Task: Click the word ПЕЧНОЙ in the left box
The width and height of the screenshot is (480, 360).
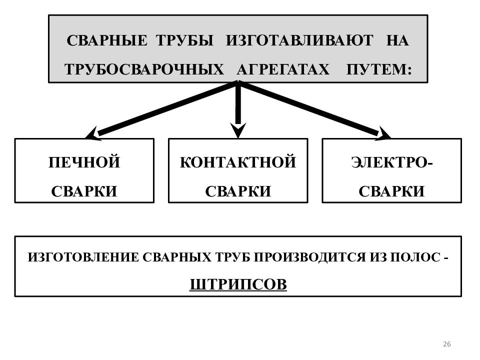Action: [x=84, y=162]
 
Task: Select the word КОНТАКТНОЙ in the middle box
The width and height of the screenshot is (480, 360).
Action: [x=238, y=162]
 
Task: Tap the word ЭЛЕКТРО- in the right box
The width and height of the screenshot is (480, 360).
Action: [x=392, y=162]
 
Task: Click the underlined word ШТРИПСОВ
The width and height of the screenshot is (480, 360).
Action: [x=238, y=284]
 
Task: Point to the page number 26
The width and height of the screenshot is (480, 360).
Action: [x=447, y=344]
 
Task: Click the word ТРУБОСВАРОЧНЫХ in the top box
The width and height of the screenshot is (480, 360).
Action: [x=144, y=69]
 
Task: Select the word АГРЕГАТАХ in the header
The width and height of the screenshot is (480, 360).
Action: [x=283, y=69]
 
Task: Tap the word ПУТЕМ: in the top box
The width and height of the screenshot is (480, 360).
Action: [x=379, y=69]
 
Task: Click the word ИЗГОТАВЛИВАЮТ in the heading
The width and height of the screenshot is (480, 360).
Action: [x=299, y=40]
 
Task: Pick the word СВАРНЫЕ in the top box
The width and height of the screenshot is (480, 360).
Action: [x=107, y=40]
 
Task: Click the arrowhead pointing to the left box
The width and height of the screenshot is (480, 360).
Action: [x=93, y=134]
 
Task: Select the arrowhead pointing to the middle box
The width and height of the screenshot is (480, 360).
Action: [x=238, y=130]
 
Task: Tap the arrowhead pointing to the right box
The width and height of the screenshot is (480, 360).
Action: [x=383, y=134]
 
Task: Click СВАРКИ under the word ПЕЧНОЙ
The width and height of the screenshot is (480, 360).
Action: [x=84, y=191]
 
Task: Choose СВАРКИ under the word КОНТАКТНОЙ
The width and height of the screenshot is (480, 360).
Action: [x=238, y=191]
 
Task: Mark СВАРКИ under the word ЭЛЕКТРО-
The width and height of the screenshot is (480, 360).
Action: [x=391, y=191]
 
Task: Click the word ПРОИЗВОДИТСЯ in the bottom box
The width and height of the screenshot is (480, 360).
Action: [x=310, y=257]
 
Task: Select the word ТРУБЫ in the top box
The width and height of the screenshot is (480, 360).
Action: [x=184, y=40]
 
